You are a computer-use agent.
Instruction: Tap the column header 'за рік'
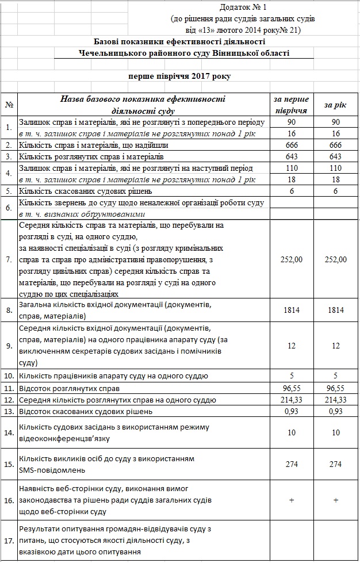coord(335,105)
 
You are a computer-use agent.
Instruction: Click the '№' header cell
coord(9,105)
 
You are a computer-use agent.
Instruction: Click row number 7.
coord(9,259)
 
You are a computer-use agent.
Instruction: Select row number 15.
coord(9,464)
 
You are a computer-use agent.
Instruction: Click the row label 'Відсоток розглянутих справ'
coord(70,388)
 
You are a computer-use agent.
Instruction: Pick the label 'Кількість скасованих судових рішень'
coord(86,190)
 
